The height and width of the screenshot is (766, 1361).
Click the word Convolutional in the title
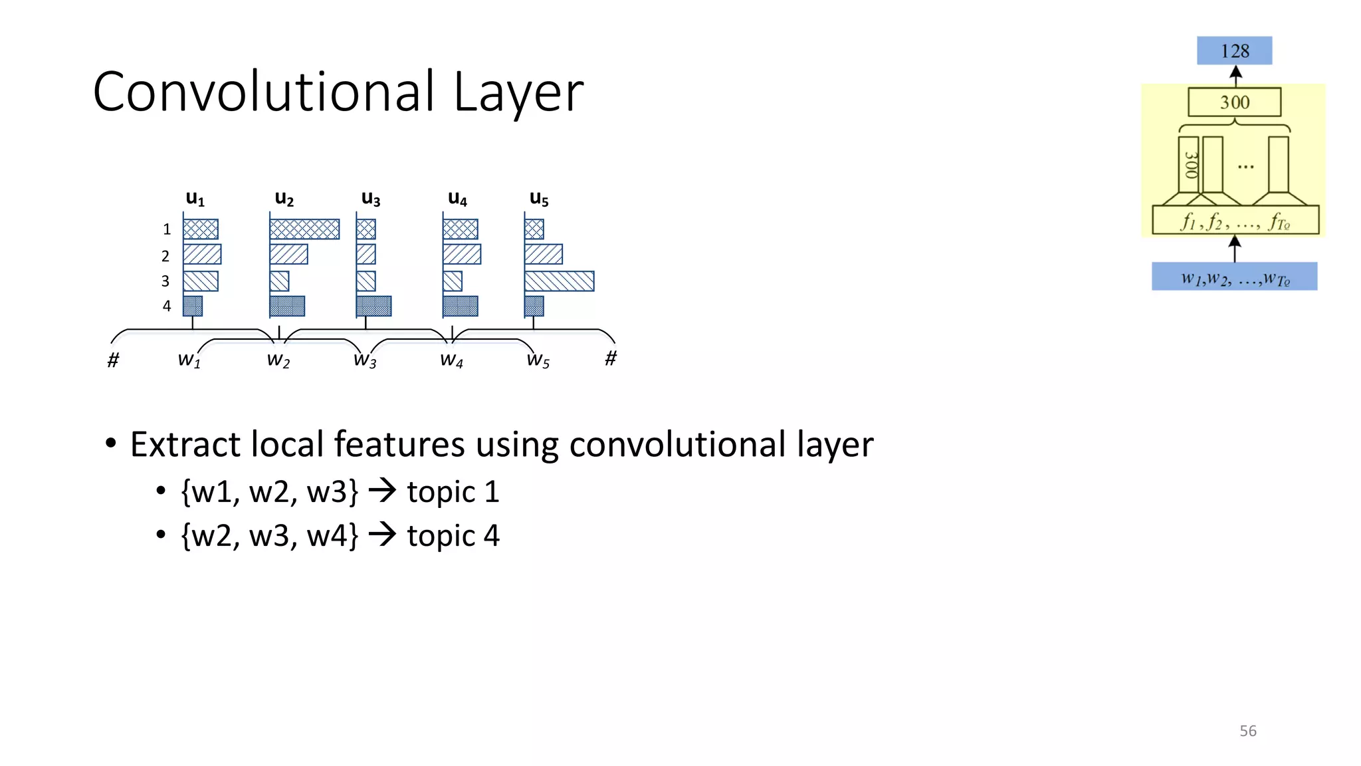tap(264, 92)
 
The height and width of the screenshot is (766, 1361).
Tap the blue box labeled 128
tap(1234, 51)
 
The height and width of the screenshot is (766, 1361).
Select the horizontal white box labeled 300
tap(1234, 102)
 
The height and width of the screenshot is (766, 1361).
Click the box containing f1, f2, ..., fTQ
tap(1235, 220)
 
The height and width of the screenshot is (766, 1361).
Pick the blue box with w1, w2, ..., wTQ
tap(1234, 277)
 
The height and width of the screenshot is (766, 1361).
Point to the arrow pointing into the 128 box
tap(1235, 76)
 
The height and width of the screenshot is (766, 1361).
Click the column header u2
tap(284, 198)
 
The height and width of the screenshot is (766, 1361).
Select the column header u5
tap(539, 198)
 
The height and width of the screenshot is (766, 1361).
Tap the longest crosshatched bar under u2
tap(304, 229)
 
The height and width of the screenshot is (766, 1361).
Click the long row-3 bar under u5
tap(559, 281)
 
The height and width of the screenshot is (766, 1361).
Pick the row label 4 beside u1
tap(167, 306)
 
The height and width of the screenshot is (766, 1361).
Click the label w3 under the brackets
tap(365, 360)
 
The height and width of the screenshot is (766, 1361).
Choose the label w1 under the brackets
tap(189, 360)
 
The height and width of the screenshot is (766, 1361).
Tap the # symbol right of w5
tap(611, 358)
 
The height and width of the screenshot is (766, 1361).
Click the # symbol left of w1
tap(114, 360)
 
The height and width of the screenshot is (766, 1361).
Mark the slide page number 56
tap(1247, 731)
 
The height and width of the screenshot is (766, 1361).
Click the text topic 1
tap(453, 492)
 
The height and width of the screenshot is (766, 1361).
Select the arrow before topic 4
tap(383, 535)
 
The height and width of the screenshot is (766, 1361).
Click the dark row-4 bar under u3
tap(373, 306)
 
